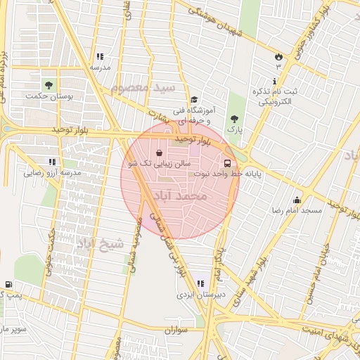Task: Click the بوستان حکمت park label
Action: pyautogui.click(x=54, y=95)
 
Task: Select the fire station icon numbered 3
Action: pyautogui.click(x=278, y=56)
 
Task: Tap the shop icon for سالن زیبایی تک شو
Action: pyautogui.click(x=160, y=153)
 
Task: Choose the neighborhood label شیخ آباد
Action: pyautogui.click(x=99, y=243)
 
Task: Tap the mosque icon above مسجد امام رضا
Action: pyautogui.click(x=297, y=199)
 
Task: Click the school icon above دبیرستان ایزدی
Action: pyautogui.click(x=200, y=284)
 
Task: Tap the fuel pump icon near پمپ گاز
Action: pyautogui.click(x=8, y=284)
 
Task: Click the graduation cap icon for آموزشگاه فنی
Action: pyautogui.click(x=193, y=100)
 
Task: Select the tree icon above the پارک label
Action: pyautogui.click(x=234, y=119)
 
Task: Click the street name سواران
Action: pyautogui.click(x=179, y=329)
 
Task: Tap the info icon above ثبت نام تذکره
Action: pyautogui.click(x=274, y=81)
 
